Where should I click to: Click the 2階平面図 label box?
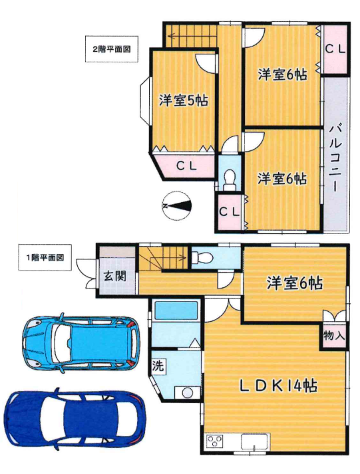(x=112, y=49)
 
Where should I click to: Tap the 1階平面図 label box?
(x=45, y=257)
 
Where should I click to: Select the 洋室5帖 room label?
(x=184, y=100)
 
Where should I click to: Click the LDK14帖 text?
(x=278, y=386)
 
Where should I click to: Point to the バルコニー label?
(x=335, y=159)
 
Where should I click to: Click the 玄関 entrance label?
(x=115, y=277)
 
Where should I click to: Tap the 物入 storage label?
(x=334, y=335)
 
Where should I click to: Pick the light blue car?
(x=81, y=344)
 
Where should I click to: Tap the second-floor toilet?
(x=230, y=180)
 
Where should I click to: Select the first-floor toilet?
(x=203, y=259)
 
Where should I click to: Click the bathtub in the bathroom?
(x=176, y=310)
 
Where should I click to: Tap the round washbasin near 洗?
(x=188, y=394)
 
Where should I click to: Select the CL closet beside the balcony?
(x=335, y=49)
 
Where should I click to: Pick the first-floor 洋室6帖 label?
(x=294, y=283)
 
